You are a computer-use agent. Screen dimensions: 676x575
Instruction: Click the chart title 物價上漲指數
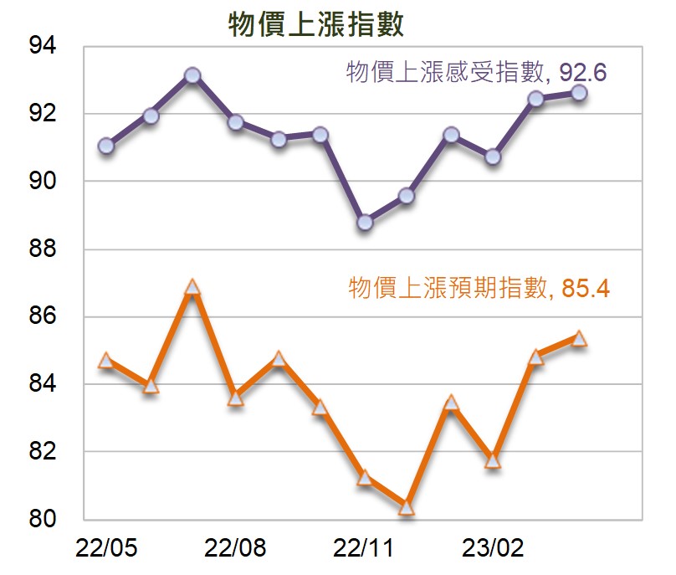tap(315, 24)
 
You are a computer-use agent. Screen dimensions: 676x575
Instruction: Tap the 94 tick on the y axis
tap(42, 45)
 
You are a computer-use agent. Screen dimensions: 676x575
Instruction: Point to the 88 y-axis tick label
tap(42, 249)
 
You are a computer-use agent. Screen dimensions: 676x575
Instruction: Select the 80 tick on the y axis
tap(42, 518)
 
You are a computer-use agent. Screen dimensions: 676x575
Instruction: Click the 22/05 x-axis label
tap(106, 548)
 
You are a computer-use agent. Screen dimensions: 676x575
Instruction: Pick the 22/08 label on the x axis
tap(235, 548)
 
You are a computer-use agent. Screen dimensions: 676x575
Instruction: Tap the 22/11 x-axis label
tap(363, 548)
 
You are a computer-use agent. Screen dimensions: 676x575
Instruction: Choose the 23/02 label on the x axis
tap(493, 548)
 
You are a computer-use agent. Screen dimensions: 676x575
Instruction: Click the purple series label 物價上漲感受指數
tap(445, 72)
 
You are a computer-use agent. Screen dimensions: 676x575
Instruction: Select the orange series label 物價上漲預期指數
tap(448, 287)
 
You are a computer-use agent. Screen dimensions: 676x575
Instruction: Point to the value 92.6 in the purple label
tap(583, 73)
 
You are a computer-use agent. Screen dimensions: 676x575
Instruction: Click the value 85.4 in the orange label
tap(586, 288)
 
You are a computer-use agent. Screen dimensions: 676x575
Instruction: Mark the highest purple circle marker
tap(192, 75)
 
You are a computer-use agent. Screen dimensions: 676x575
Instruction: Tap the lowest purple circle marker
tap(365, 222)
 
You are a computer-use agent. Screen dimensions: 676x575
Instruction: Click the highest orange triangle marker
tap(192, 287)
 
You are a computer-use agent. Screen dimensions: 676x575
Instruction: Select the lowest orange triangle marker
tap(407, 507)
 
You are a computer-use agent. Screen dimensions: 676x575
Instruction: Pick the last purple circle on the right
tap(579, 93)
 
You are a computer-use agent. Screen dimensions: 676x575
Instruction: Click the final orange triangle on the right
tap(579, 339)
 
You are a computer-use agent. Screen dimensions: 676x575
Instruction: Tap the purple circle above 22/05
tap(106, 146)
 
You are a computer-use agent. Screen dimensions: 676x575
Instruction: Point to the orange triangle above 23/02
tap(493, 461)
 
